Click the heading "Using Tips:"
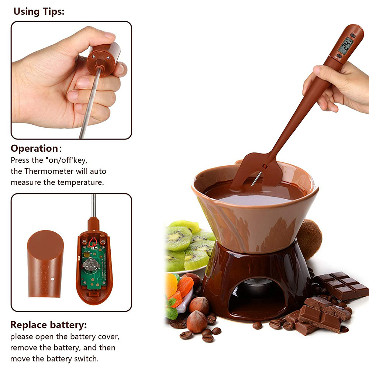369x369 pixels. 39,11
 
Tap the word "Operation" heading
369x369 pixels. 34,148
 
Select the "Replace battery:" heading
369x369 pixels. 48,325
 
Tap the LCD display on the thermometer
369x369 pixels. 346,46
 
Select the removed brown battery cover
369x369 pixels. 45,264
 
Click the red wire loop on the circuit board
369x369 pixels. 93,242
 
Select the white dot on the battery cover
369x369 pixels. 52,279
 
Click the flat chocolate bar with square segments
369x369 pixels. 341,285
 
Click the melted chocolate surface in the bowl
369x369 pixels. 254,193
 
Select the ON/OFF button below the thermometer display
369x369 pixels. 339,56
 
